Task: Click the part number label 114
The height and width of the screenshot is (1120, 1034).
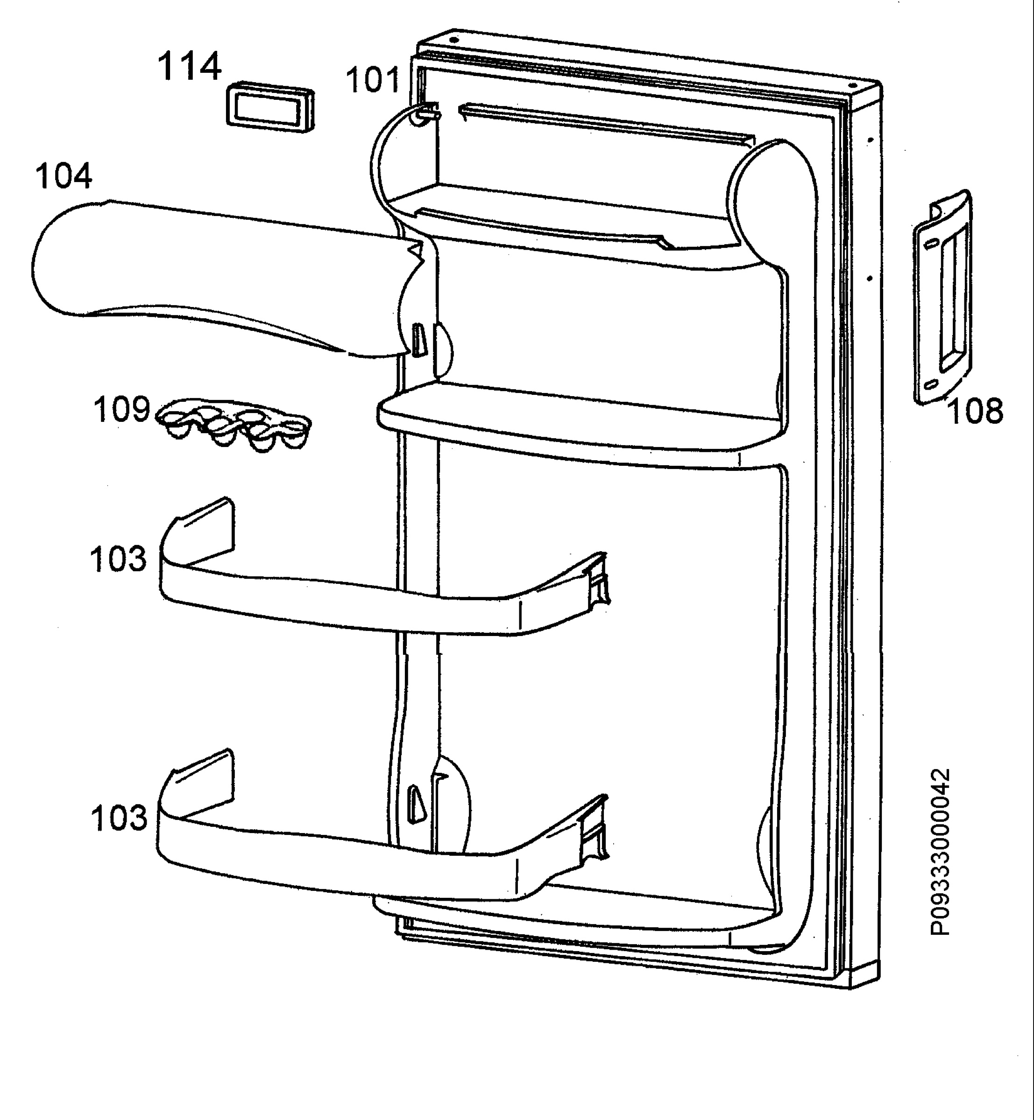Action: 189,67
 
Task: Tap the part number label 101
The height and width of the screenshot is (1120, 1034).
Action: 373,79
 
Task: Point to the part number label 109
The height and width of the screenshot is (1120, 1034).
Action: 121,409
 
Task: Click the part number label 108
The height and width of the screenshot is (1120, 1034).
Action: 975,412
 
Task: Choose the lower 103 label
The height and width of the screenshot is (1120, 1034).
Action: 119,818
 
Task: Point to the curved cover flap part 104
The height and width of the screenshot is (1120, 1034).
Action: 224,280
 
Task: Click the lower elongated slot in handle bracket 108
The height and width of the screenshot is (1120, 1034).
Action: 931,385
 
